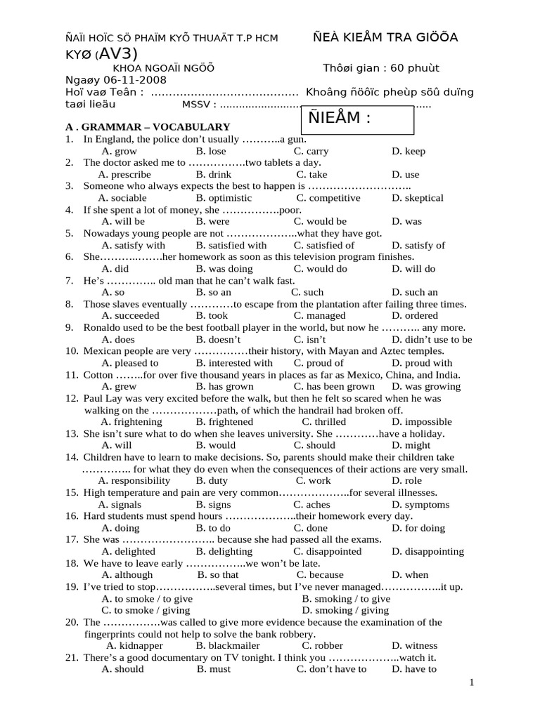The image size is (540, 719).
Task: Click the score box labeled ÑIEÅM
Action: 357,119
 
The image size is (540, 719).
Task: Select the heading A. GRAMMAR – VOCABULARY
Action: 148,127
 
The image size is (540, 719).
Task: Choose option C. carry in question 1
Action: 311,151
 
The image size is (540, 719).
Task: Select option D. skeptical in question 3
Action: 418,198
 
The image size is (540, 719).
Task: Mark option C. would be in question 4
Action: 320,221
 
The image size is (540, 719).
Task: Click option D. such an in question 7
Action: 415,292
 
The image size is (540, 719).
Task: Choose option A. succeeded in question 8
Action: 131,316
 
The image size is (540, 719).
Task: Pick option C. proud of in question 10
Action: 319,363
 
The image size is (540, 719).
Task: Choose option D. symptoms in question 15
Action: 420,505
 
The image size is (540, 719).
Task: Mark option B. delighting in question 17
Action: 224,552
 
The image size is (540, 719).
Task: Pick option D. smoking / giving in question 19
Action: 345,610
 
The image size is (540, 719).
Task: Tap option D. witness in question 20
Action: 414,645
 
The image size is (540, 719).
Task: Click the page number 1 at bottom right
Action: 472,682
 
